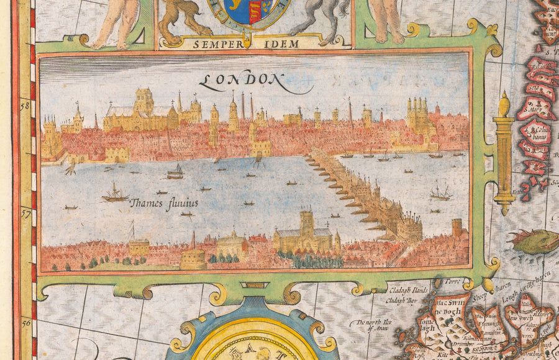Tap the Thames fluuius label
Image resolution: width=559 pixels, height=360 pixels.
(x=164, y=202)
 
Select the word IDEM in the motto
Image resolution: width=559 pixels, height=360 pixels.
(x=284, y=44)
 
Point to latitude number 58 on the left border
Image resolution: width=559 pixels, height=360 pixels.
(x=26, y=106)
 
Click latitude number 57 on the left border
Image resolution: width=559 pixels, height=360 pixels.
(x=26, y=213)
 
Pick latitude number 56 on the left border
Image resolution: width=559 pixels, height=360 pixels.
(x=26, y=323)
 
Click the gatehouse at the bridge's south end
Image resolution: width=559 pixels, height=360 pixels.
(x=409, y=228)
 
